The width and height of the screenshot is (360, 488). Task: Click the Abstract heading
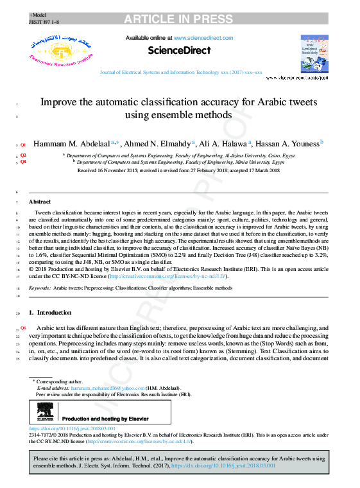(x=40, y=202)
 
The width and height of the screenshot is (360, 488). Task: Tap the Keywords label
(x=40, y=289)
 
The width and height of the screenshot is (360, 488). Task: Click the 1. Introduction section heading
(x=51, y=312)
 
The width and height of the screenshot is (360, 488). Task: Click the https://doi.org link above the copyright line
(x=73, y=428)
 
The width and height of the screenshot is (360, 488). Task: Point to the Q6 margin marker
(x=23, y=328)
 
